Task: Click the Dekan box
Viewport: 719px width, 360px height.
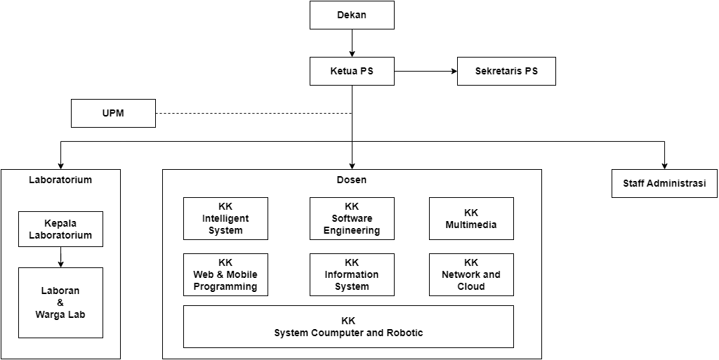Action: click(352, 15)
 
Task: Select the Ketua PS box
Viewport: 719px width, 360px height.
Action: click(352, 71)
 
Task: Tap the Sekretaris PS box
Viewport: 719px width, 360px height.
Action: click(506, 71)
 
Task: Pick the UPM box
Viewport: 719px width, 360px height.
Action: click(113, 113)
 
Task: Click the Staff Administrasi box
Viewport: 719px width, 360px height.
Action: click(664, 183)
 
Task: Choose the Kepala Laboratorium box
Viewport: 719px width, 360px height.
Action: click(60, 229)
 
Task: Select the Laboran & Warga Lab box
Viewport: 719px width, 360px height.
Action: click(60, 302)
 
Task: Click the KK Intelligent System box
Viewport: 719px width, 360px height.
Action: click(225, 218)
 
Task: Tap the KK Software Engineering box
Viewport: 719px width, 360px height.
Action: click(352, 218)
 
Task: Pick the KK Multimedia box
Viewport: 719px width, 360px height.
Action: click(471, 218)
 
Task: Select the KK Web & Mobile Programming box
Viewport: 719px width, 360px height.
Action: click(225, 274)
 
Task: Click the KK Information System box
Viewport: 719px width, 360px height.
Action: click(352, 274)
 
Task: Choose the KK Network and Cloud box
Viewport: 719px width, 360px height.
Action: click(471, 274)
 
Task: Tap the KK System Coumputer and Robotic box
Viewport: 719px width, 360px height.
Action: click(348, 326)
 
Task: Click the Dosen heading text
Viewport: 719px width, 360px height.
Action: click(352, 180)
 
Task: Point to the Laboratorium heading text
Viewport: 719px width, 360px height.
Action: click(60, 180)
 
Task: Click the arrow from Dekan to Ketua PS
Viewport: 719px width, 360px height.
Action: click(352, 43)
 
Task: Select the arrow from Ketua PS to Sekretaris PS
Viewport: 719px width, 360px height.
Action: click(425, 71)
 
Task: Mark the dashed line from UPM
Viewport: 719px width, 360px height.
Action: click(253, 113)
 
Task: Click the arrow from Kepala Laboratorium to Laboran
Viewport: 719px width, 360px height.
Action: click(61, 257)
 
